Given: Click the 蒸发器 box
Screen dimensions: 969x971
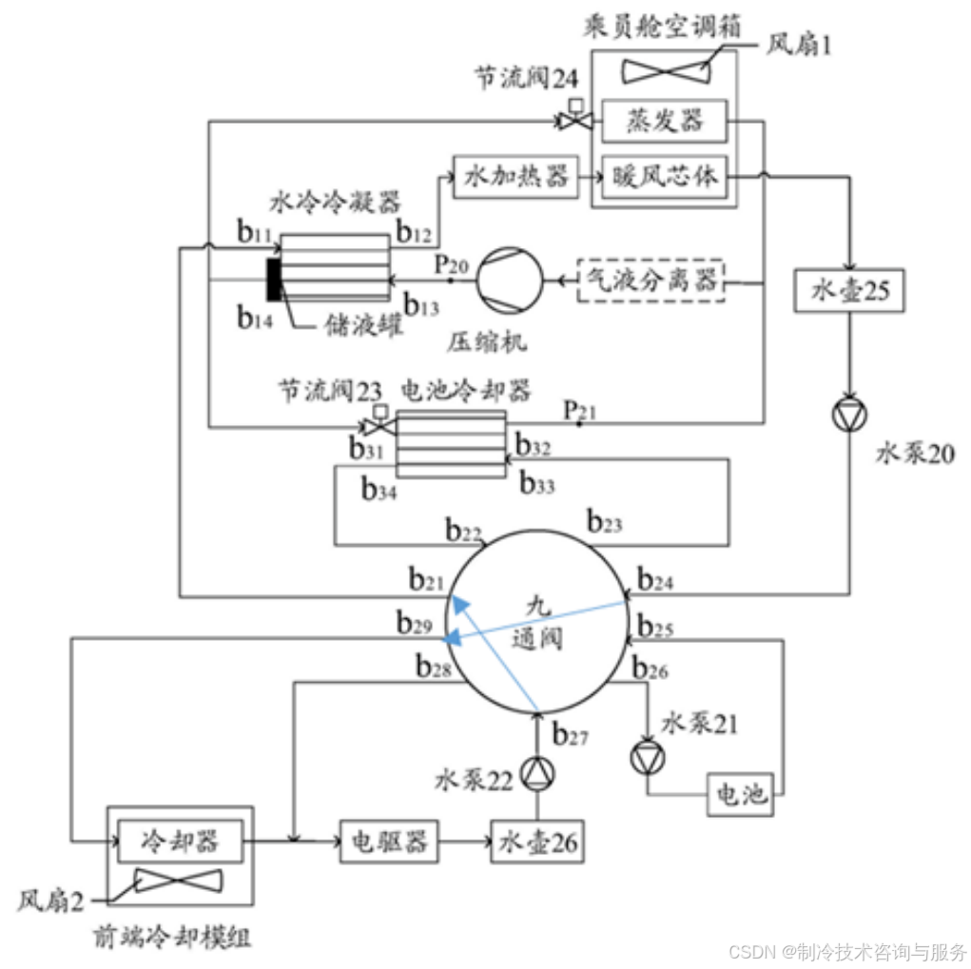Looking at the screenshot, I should [664, 121].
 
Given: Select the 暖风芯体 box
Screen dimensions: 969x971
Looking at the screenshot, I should [664, 176].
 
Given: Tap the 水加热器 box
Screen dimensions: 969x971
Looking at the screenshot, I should [515, 176].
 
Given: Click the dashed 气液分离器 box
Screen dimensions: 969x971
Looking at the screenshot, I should [651, 281].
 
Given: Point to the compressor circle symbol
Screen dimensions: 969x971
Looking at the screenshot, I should [509, 281].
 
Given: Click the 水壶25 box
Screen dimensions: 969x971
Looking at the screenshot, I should [849, 291].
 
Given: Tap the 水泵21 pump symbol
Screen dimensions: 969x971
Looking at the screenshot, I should [647, 758].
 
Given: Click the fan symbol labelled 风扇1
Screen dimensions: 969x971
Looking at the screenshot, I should [664, 70].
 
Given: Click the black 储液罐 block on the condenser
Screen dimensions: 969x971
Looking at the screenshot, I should [275, 281].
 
